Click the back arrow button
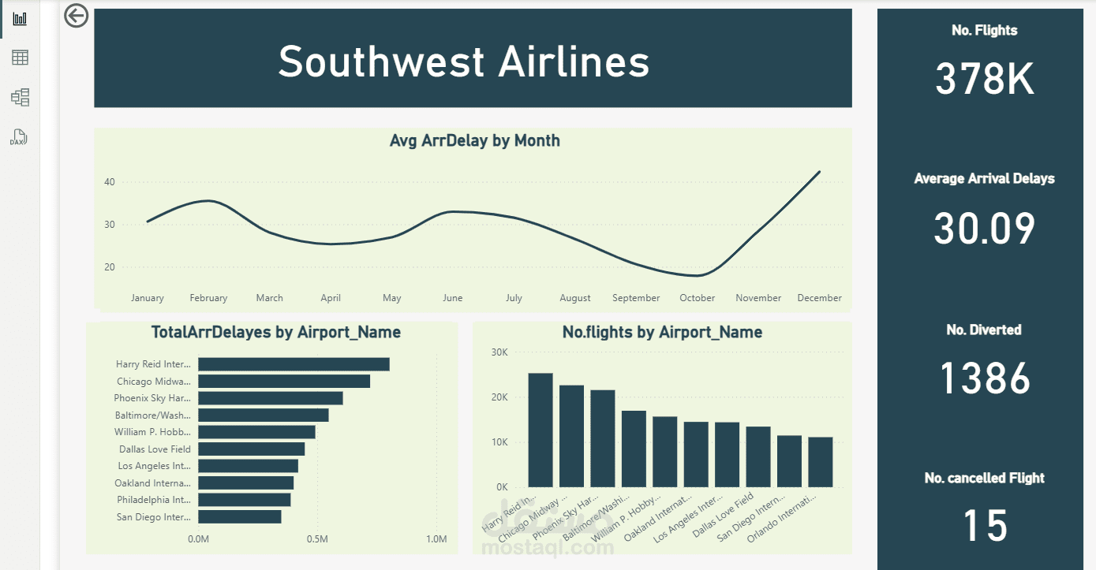(77, 15)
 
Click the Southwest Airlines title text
(464, 61)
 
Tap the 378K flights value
(984, 79)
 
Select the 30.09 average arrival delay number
(984, 228)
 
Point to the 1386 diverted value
(985, 378)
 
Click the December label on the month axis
(819, 298)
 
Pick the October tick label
(697, 298)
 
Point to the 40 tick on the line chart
(109, 182)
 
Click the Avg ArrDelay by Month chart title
(474, 141)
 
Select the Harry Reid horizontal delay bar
(294, 364)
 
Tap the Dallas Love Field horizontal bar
(251, 449)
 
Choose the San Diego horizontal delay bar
(239, 516)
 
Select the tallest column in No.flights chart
(541, 430)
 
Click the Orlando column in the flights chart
(821, 462)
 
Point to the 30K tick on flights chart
(499, 352)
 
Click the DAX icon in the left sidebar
(19, 138)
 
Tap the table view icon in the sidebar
(20, 57)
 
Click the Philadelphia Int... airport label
(154, 500)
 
